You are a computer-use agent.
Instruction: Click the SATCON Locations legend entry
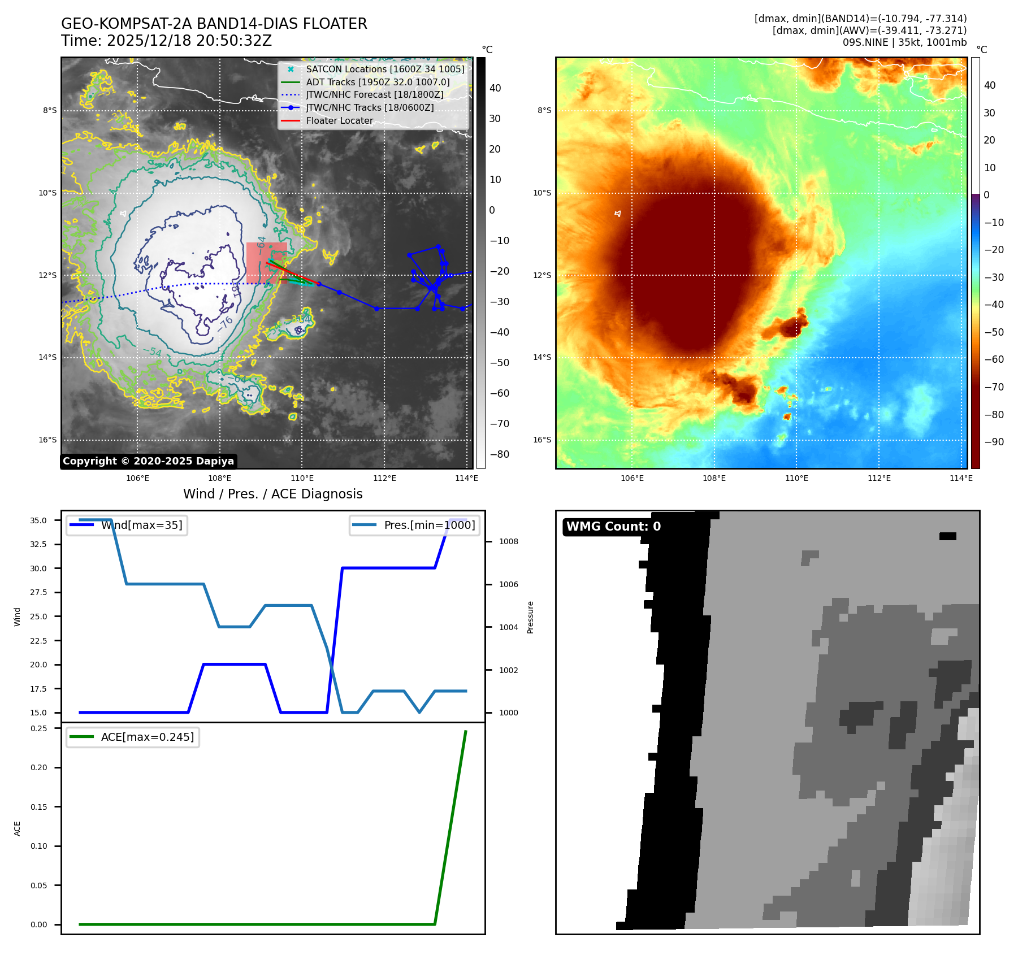coord(385,69)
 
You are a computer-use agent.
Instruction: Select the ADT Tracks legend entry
coord(378,82)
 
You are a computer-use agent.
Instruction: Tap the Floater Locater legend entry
coord(339,120)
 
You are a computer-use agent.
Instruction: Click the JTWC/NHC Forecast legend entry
coord(374,94)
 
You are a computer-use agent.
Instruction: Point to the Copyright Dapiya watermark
coord(148,461)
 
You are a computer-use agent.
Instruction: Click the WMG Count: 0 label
coord(613,527)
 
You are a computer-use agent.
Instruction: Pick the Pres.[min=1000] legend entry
coord(415,525)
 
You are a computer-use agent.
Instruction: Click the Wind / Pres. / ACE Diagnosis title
coord(273,494)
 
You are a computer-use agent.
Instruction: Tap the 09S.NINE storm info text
coord(904,42)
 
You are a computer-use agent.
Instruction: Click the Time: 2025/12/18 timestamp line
coord(167,41)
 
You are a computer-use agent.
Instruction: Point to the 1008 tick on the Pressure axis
coord(508,541)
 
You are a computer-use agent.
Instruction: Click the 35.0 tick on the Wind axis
coord(38,520)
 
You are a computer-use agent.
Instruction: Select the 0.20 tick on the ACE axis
coord(39,767)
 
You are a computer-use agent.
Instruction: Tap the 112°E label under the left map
coord(384,478)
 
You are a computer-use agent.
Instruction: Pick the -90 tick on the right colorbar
coord(994,442)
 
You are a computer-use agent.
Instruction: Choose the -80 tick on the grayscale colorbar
coord(499,454)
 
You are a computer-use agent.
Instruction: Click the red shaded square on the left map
coord(266,263)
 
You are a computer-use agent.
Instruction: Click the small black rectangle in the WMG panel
coord(947,536)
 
